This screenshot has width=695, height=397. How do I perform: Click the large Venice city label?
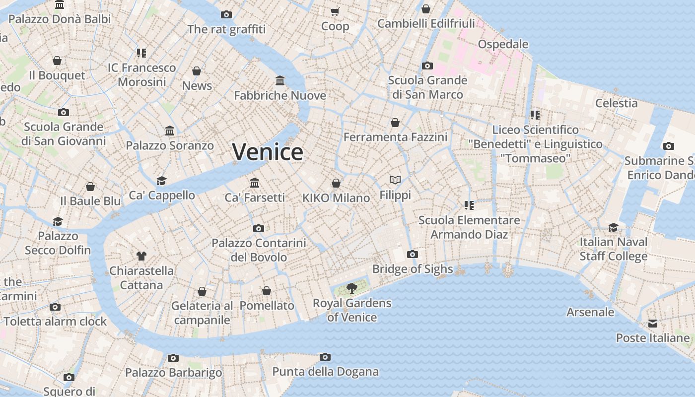[x=268, y=152]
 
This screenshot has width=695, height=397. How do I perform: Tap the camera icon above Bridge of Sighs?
[x=412, y=255]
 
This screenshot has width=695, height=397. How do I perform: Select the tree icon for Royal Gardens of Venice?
[x=352, y=288]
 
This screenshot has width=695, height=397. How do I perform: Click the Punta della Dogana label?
[x=325, y=372]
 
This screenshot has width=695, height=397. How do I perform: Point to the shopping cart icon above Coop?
[x=335, y=11]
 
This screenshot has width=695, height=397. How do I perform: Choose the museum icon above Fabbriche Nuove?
[x=280, y=80]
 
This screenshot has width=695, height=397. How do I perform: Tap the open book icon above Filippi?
[x=395, y=180]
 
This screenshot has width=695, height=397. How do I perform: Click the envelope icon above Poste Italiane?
[x=652, y=324]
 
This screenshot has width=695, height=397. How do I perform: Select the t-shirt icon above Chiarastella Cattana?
[x=141, y=256]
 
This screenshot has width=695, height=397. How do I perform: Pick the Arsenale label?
[x=590, y=312]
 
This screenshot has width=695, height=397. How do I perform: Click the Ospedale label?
[x=503, y=44]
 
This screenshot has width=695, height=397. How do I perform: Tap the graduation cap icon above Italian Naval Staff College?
[x=614, y=227]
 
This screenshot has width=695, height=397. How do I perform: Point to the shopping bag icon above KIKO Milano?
[x=336, y=183]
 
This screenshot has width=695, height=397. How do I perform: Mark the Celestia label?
[x=616, y=103]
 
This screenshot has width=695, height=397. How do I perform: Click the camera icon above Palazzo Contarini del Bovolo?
[x=258, y=229]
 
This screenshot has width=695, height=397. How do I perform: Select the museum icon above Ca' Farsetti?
[x=255, y=183]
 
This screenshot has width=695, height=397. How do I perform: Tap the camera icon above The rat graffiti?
[x=226, y=14]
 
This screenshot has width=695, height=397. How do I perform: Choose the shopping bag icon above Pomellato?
[x=267, y=291]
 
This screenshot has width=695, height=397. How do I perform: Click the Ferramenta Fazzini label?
[x=395, y=137]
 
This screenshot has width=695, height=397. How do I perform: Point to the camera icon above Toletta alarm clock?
[x=55, y=307]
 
